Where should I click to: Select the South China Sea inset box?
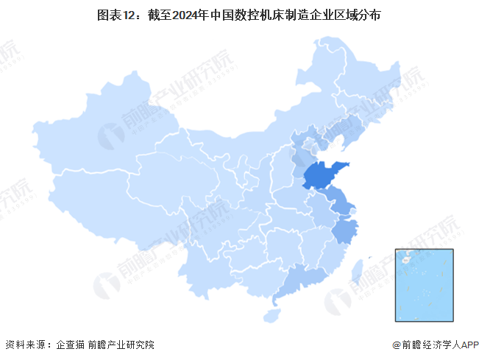425,286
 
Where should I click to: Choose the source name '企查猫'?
71,345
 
